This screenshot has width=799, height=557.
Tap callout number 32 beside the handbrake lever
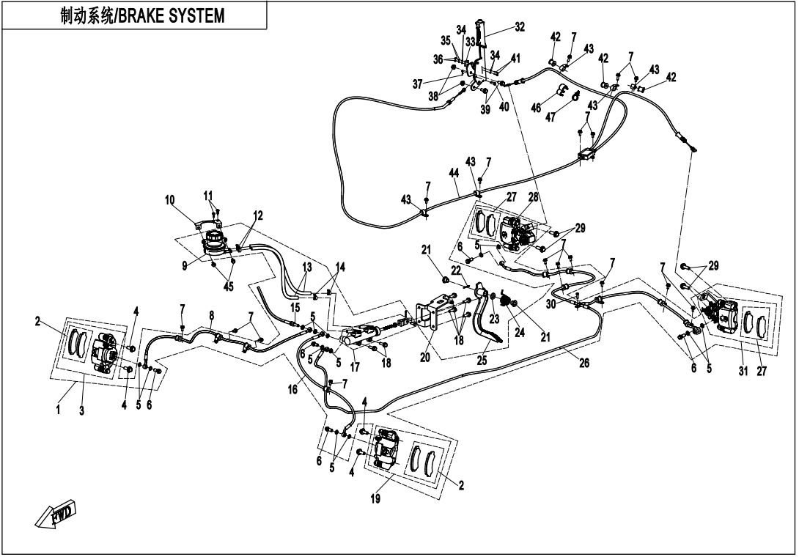click(519, 27)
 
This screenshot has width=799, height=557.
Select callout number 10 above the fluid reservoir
click(169, 199)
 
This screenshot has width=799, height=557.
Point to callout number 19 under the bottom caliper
click(375, 498)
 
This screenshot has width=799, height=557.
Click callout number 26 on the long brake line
click(584, 363)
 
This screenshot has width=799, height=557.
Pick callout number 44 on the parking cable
click(454, 173)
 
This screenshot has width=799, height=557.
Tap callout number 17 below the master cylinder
click(356, 367)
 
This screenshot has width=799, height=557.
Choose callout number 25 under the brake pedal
click(482, 361)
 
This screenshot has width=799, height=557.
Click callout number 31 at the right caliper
click(743, 371)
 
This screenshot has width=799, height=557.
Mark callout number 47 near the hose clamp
click(551, 117)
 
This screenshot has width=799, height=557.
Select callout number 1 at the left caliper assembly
click(58, 410)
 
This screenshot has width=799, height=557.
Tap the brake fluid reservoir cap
click(215, 237)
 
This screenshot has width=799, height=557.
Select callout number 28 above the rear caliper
click(533, 197)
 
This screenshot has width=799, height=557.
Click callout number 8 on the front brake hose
click(211, 315)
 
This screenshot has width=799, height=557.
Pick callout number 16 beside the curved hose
click(292, 390)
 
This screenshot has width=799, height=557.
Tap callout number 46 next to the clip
click(536, 108)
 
